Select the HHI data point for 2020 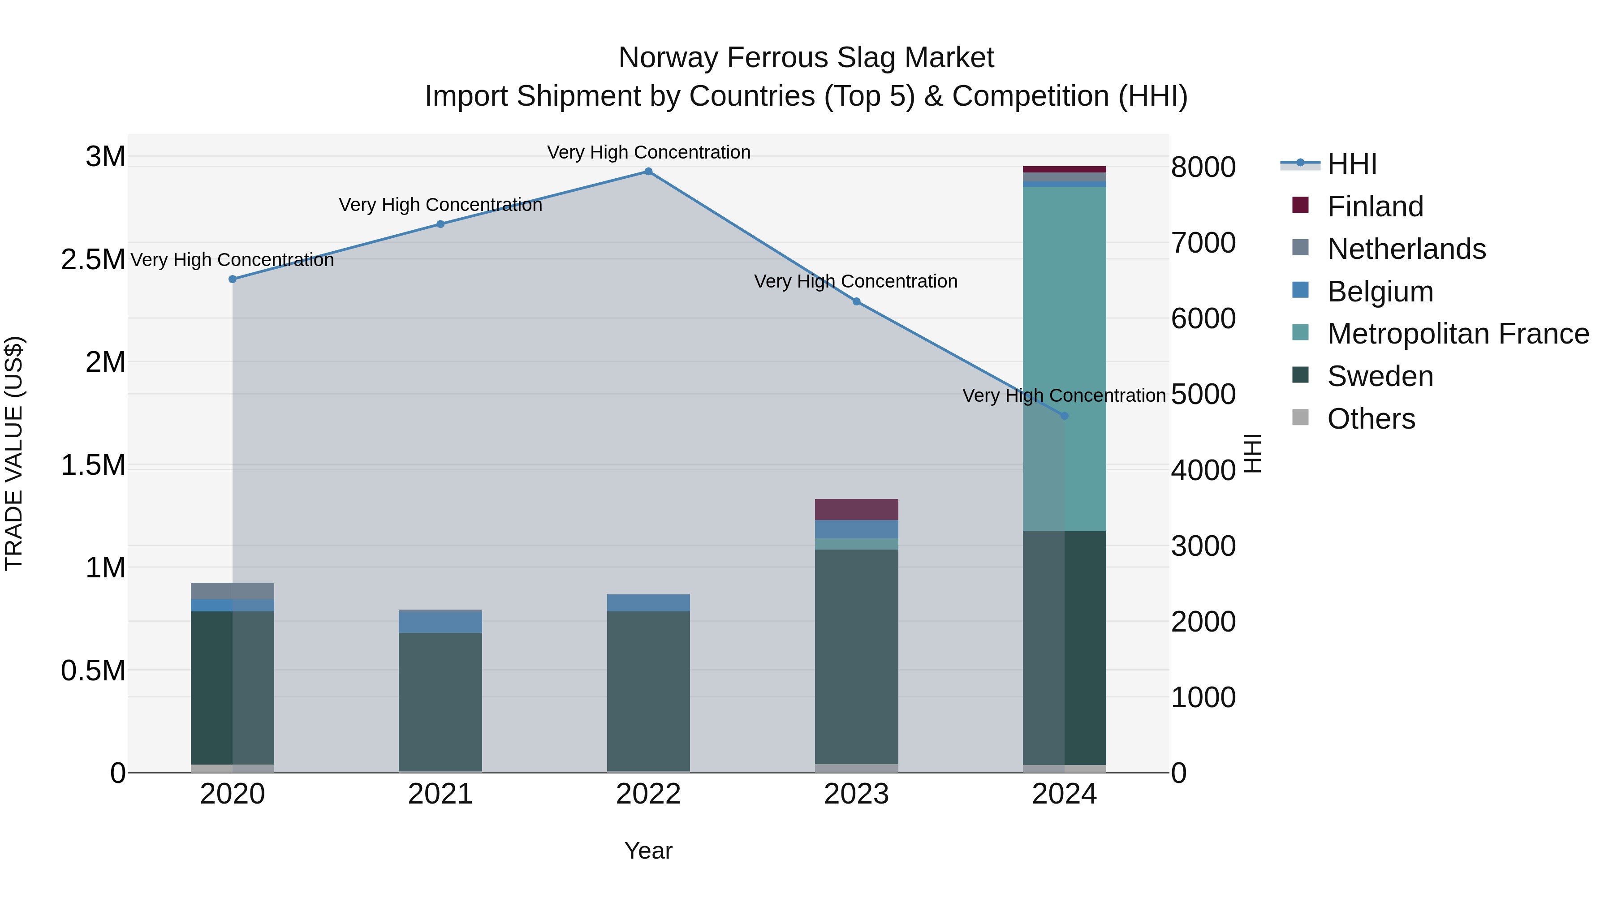pyautogui.click(x=232, y=279)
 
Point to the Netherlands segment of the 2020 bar pyautogui.click(x=232, y=591)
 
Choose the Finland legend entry pyautogui.click(x=1375, y=206)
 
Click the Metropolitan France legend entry pyautogui.click(x=1457, y=334)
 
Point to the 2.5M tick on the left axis pyautogui.click(x=93, y=260)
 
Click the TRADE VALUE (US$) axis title pyautogui.click(x=14, y=453)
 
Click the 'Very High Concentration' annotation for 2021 pyautogui.click(x=440, y=205)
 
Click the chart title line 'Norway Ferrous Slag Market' pyautogui.click(x=806, y=58)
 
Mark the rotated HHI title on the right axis pyautogui.click(x=1252, y=453)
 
